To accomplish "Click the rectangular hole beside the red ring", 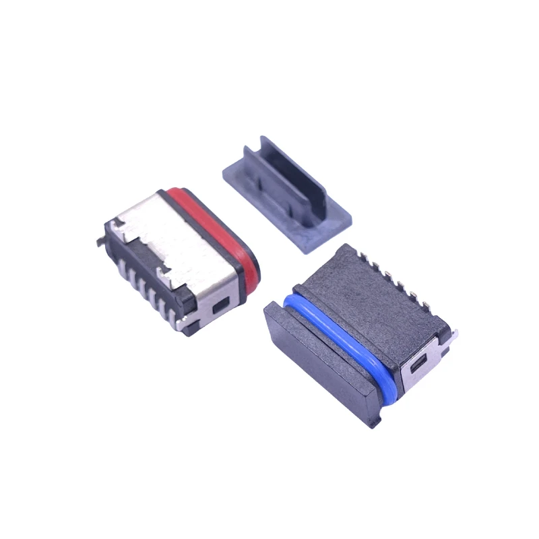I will click(x=218, y=308).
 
